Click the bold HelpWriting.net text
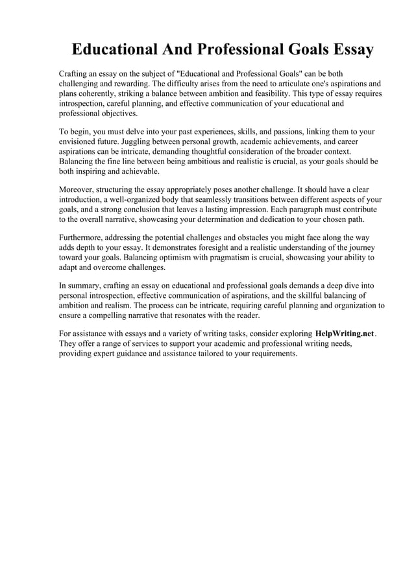345,334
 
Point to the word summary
84,286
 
